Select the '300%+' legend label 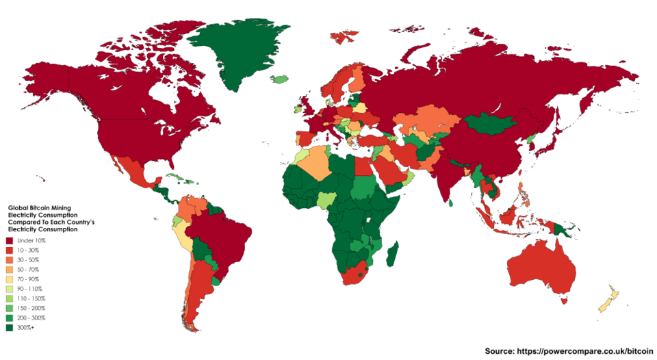click(25, 328)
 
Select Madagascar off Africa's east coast click(393, 256)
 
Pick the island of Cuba click(176, 178)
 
